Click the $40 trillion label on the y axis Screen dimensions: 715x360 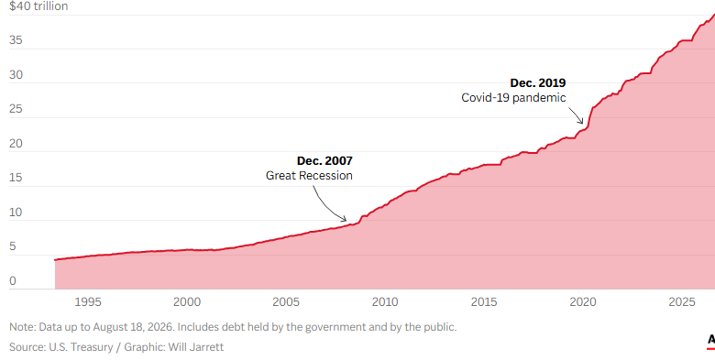(38, 5)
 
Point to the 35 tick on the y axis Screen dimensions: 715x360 (16, 40)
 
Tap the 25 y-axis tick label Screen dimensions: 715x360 (16, 109)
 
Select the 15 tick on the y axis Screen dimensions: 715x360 (16, 178)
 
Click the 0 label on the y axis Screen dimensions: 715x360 (13, 281)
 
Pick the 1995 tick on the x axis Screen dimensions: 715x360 (88, 301)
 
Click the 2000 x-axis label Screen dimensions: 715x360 (187, 301)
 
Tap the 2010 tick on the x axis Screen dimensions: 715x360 (385, 301)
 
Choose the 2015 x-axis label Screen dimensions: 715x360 (484, 301)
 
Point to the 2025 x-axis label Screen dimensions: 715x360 (682, 301)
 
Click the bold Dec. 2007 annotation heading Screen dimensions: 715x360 (324, 161)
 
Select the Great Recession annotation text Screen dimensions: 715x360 (309, 176)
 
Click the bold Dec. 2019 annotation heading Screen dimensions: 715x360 (538, 83)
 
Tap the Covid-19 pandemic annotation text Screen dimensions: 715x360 (513, 97)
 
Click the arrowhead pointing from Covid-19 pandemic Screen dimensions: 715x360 (582, 123)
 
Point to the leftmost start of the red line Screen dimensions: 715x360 (55, 260)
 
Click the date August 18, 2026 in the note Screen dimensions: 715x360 (136, 327)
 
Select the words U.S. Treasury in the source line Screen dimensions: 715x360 (81, 347)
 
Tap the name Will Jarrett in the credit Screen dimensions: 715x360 (196, 347)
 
